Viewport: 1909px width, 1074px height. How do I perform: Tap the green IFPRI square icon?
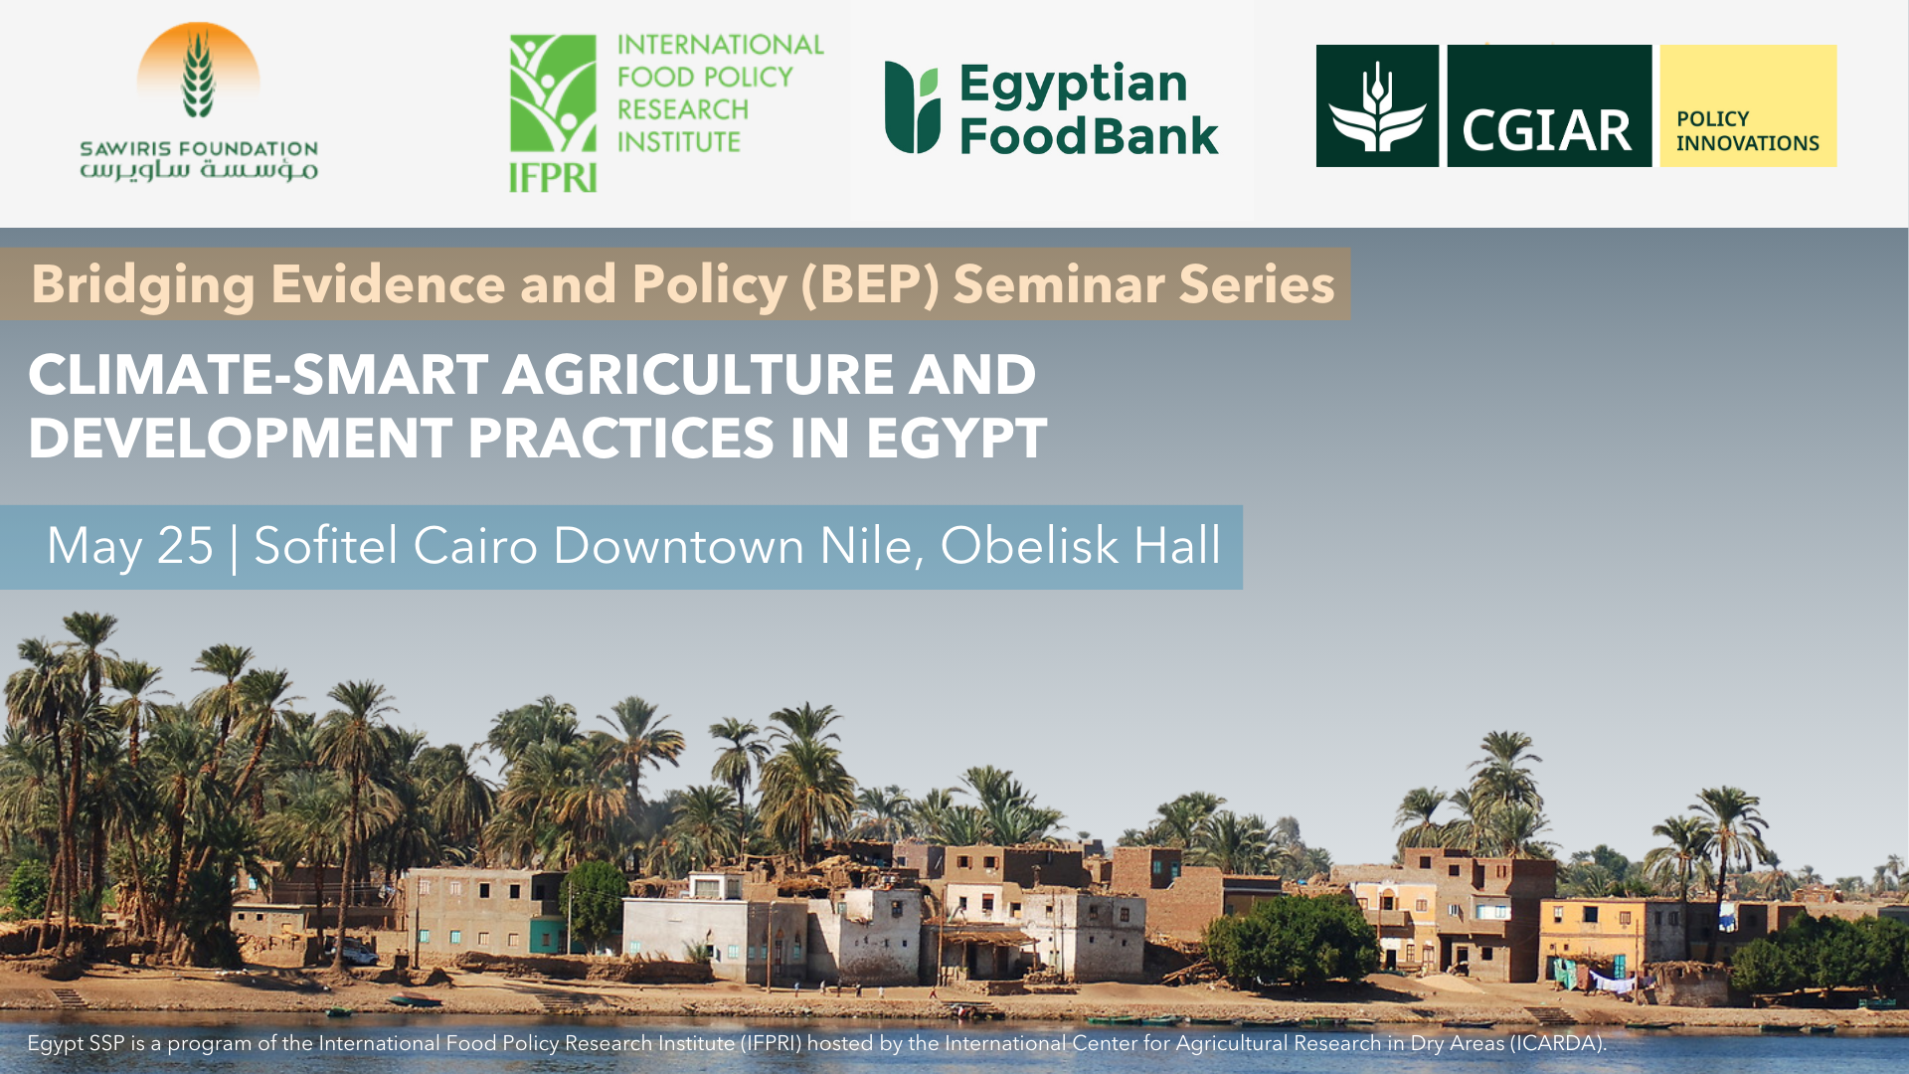tap(553, 93)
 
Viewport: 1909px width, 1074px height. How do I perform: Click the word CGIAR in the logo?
tap(1547, 130)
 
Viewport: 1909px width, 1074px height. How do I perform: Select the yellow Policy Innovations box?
tap(1748, 105)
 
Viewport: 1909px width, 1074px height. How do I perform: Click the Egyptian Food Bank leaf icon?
tap(912, 107)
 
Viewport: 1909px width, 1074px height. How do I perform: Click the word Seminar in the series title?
tap(1059, 284)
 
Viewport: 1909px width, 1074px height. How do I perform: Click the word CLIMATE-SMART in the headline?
tap(259, 375)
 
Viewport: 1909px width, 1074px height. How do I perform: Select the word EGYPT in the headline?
tap(956, 439)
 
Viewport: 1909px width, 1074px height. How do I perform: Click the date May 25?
tap(130, 546)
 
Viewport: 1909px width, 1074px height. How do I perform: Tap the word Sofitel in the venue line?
tap(326, 545)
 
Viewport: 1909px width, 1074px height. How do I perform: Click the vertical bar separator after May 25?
tap(235, 548)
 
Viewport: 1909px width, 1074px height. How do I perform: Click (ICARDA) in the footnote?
tap(1558, 1043)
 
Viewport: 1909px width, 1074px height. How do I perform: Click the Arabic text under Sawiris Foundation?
tap(199, 170)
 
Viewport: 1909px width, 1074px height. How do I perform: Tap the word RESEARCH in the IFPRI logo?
tap(683, 109)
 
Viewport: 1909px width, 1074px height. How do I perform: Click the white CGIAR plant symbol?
tap(1377, 106)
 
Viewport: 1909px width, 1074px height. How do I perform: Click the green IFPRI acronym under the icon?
tap(553, 177)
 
